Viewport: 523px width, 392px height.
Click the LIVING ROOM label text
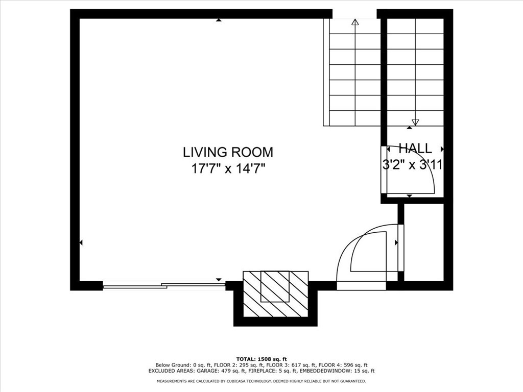pyautogui.click(x=228, y=152)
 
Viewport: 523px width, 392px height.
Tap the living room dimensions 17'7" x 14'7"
pyautogui.click(x=228, y=168)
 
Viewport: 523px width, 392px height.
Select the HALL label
pyautogui.click(x=415, y=149)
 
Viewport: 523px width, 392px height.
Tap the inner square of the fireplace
pyautogui.click(x=275, y=286)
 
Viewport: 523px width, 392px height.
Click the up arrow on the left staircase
pyautogui.click(x=355, y=22)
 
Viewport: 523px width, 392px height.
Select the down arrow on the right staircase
pyautogui.click(x=415, y=122)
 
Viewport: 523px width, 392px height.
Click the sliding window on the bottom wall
pyautogui.click(x=163, y=286)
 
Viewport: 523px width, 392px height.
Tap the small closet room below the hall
pyautogui.click(x=423, y=242)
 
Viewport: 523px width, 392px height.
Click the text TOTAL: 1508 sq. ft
pyautogui.click(x=261, y=359)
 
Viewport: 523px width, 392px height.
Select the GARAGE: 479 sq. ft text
pyautogui.click(x=223, y=371)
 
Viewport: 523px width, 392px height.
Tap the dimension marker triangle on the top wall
pyautogui.click(x=219, y=20)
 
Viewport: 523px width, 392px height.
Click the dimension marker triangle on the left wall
pyautogui.click(x=81, y=242)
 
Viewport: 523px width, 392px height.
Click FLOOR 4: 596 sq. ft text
pyautogui.click(x=343, y=365)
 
